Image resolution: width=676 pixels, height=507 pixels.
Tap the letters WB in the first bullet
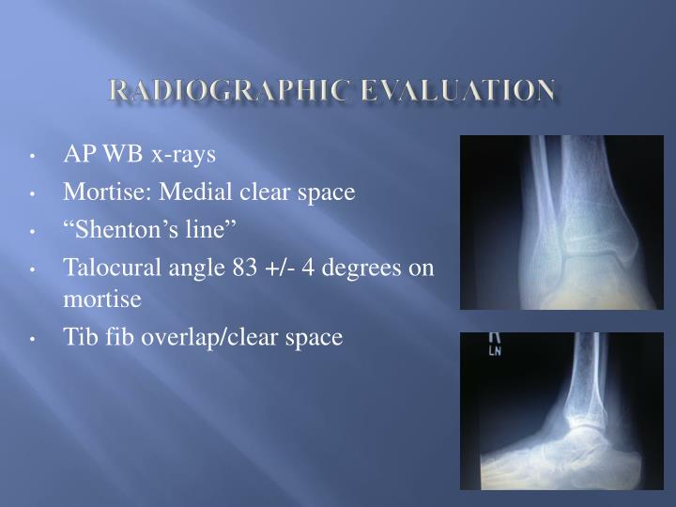click(x=121, y=154)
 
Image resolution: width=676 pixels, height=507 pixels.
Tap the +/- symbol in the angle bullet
click(x=277, y=269)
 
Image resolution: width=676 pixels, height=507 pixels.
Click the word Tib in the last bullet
click(x=78, y=337)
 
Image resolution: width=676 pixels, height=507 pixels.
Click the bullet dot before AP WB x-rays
click(x=34, y=156)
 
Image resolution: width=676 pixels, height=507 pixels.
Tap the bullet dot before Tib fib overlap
click(x=34, y=339)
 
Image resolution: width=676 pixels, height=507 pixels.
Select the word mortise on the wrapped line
click(x=102, y=300)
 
